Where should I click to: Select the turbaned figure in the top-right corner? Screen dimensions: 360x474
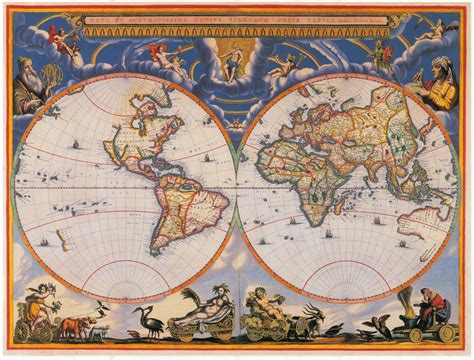click(x=440, y=76)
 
